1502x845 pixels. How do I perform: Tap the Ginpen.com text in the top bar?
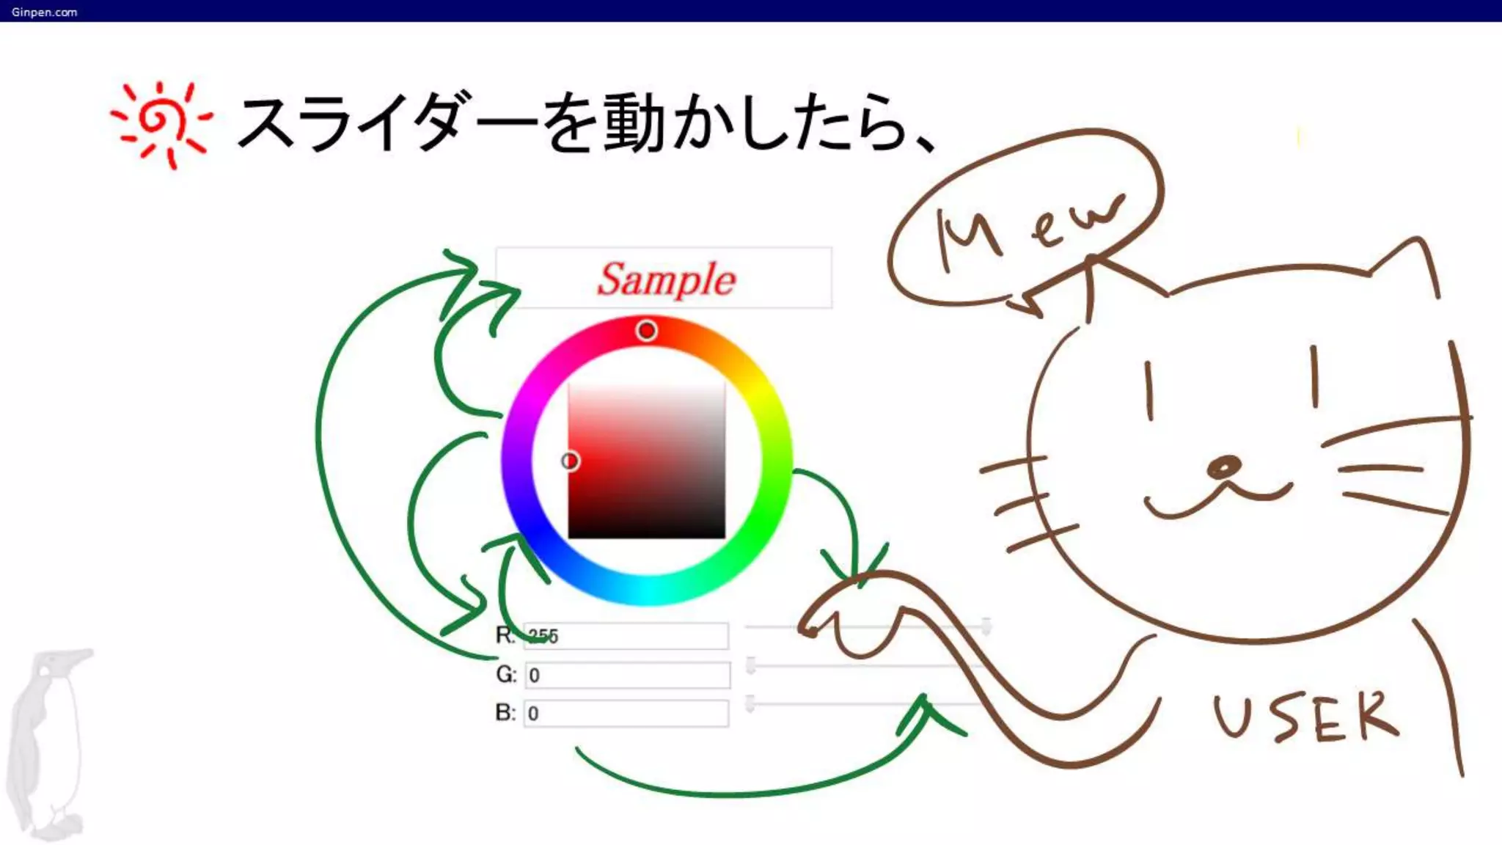pyautogui.click(x=44, y=12)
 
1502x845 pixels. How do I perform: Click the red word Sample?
pyautogui.click(x=665, y=279)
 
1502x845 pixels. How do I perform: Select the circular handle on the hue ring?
pyautogui.click(x=646, y=331)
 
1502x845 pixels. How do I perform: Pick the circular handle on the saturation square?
pyautogui.click(x=570, y=461)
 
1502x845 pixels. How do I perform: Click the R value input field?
pyautogui.click(x=626, y=636)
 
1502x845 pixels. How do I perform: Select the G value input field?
pyautogui.click(x=628, y=675)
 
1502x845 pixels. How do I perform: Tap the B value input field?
pyautogui.click(x=626, y=713)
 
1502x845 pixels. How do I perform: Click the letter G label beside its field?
pyautogui.click(x=506, y=674)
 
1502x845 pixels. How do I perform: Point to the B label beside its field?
pyautogui.click(x=505, y=712)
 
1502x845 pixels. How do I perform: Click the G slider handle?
pyautogui.click(x=751, y=665)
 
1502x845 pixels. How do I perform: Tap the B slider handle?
pyautogui.click(x=750, y=703)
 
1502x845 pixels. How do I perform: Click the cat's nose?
pyautogui.click(x=1223, y=467)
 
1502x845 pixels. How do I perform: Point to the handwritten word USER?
pyautogui.click(x=1305, y=716)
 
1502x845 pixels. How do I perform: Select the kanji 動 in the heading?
pyautogui.click(x=635, y=122)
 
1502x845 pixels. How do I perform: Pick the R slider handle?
pyautogui.click(x=986, y=626)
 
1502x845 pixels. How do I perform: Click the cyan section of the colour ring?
pyautogui.click(x=646, y=590)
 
